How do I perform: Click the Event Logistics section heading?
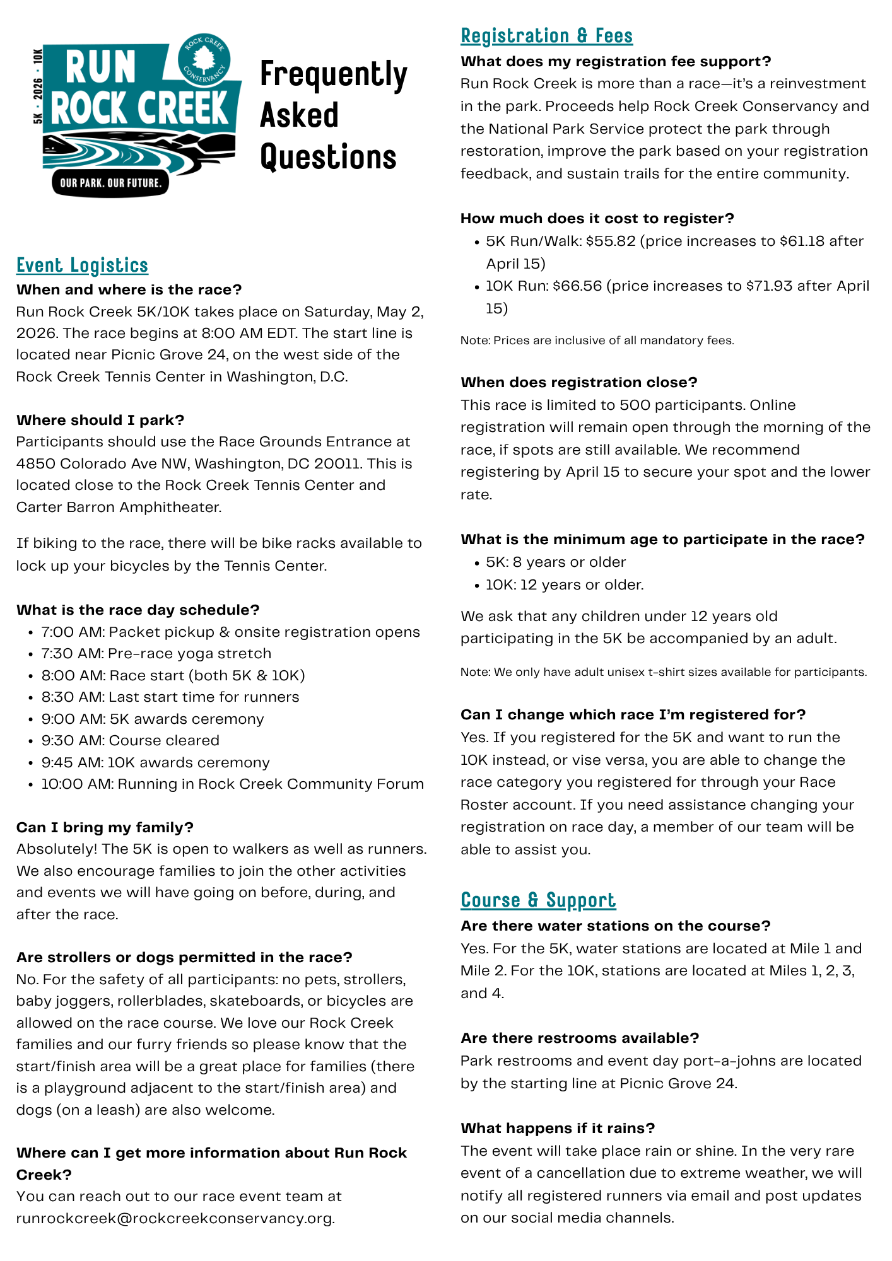coord(82,265)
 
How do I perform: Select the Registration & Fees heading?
coord(546,36)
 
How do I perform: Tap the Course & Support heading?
coord(538,900)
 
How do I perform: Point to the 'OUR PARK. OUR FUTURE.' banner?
coord(110,183)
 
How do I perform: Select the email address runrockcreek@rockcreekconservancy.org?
coord(175,1218)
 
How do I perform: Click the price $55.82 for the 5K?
coord(611,241)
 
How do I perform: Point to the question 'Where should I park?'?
coord(100,421)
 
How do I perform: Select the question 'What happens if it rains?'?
coord(558,1128)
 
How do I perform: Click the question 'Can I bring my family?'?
coord(105,827)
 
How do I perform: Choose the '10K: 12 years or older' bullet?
coord(565,585)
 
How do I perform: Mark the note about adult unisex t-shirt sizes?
coord(664,672)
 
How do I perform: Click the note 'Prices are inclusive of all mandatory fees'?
coord(597,341)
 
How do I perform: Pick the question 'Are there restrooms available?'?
coord(580,1038)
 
